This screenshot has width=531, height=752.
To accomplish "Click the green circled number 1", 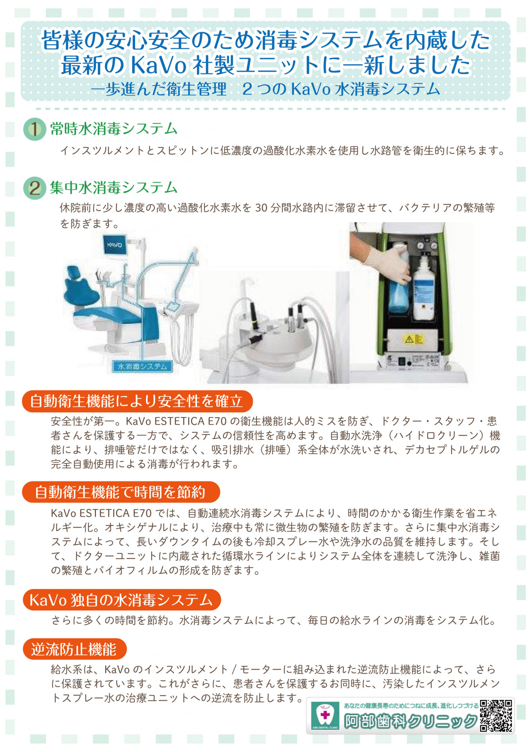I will pyautogui.click(x=35, y=129).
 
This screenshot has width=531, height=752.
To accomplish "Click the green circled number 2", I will pyautogui.click(x=35, y=188).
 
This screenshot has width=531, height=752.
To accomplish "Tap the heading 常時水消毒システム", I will pyautogui.click(x=114, y=129).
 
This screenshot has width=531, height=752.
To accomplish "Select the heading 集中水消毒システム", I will pyautogui.click(x=114, y=188).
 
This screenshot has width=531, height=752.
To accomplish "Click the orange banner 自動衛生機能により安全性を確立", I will pyautogui.click(x=137, y=401).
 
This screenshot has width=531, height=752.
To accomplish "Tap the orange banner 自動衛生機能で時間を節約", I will pyautogui.click(x=121, y=492).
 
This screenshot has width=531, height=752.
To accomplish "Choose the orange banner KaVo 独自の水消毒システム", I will pyautogui.click(x=121, y=600).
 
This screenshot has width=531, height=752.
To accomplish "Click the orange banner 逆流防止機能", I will pyautogui.click(x=74, y=649).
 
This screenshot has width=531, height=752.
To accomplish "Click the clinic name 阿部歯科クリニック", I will pyautogui.click(x=410, y=721).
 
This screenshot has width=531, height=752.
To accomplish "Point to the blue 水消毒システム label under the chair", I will pyautogui.click(x=143, y=367).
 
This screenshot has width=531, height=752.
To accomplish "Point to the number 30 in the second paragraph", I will pyautogui.click(x=261, y=208).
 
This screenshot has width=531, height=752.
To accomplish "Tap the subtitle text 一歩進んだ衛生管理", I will pyautogui.click(x=159, y=89).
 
